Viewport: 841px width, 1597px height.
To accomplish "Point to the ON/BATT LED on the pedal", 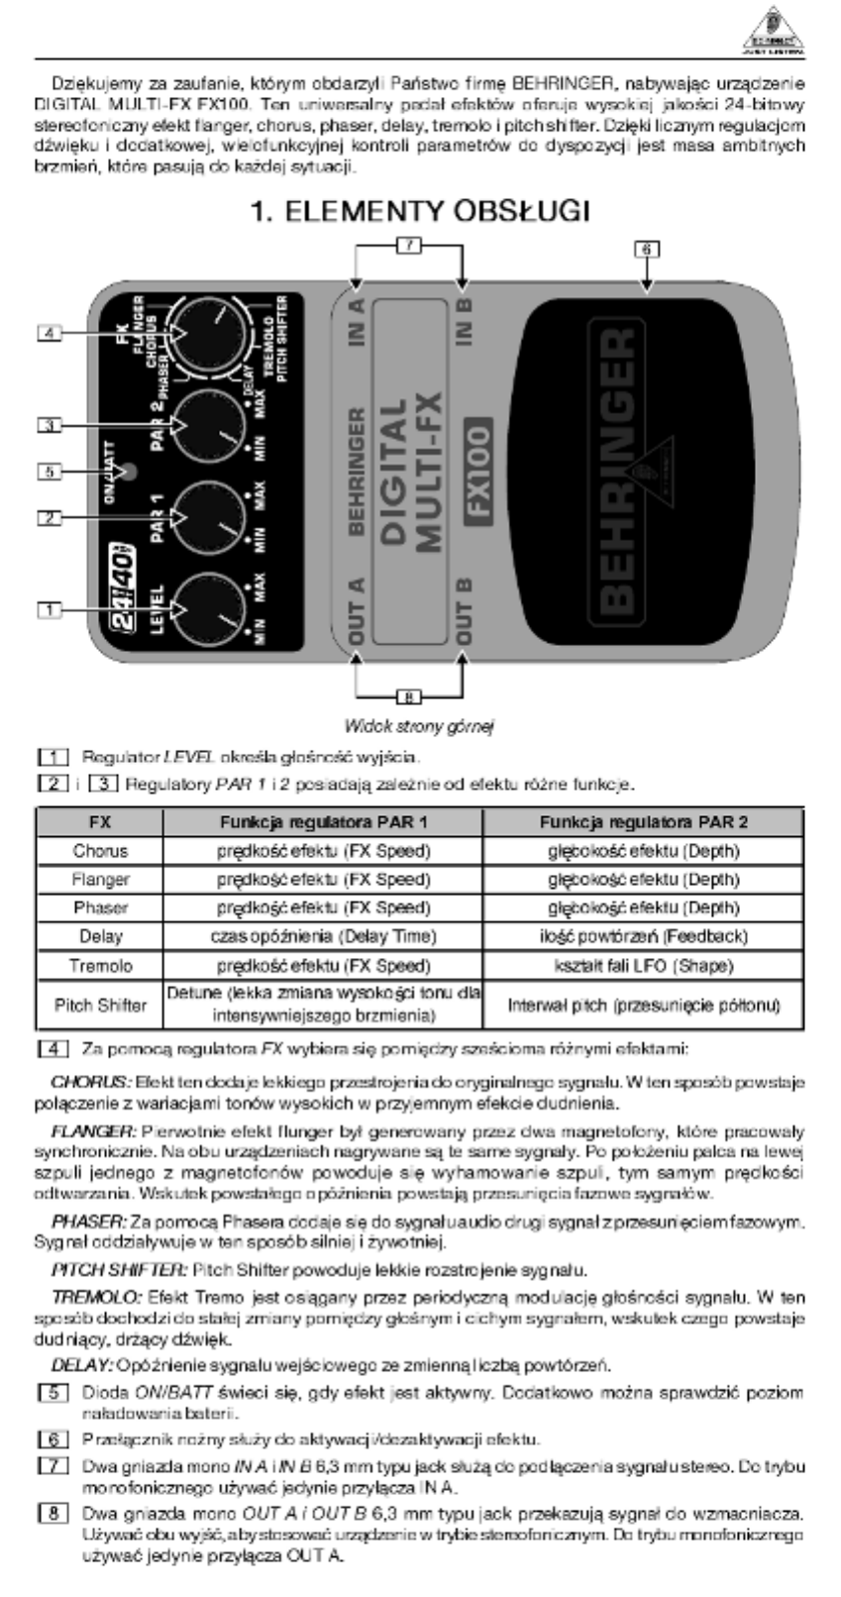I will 126,471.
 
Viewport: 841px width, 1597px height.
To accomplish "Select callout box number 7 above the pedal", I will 408,243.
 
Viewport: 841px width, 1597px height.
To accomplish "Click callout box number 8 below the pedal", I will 408,695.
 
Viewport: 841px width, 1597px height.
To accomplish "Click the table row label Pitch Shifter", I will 101,1005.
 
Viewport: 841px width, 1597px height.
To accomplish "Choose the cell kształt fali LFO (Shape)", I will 643,965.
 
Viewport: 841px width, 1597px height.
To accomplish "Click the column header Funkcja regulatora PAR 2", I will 643,821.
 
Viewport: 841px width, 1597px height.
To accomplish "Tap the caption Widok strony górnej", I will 420,726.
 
